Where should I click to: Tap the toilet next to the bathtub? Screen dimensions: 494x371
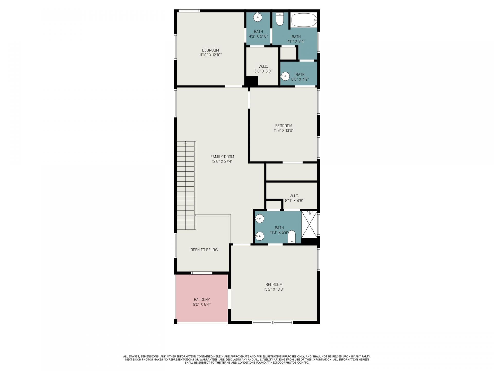tap(280, 19)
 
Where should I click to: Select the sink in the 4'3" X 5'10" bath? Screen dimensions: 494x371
tap(258, 18)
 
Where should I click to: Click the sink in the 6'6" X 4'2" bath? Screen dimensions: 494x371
tap(285, 77)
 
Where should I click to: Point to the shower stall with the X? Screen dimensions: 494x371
tap(309, 224)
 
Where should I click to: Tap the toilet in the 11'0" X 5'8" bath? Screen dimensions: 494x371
tap(292, 237)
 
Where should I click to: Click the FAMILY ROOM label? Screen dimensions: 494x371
tap(222, 157)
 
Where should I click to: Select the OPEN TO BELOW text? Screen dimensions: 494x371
tap(204, 250)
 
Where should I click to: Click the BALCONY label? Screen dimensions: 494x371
tap(202, 300)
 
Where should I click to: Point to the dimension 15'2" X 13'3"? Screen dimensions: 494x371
tap(274, 289)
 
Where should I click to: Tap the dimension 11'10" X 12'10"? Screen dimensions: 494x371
tap(210, 55)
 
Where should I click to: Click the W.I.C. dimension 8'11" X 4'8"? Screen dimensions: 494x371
tap(294, 200)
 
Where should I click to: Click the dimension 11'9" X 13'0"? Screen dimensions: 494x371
tap(284, 131)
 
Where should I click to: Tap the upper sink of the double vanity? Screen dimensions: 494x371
tap(259, 219)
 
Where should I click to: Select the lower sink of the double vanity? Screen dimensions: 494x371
tap(259, 236)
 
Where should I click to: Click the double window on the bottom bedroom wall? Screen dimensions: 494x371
tap(272, 322)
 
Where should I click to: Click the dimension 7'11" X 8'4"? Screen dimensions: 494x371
tap(296, 41)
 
